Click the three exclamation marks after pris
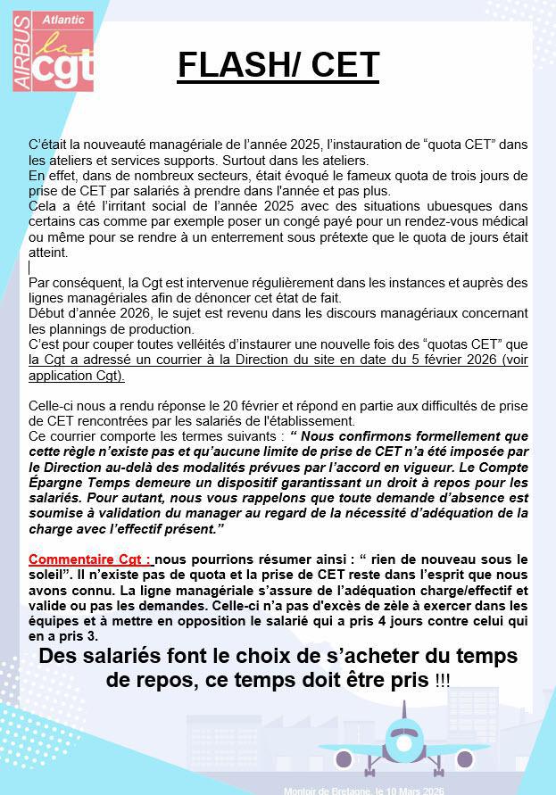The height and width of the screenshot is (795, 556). (x=442, y=681)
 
